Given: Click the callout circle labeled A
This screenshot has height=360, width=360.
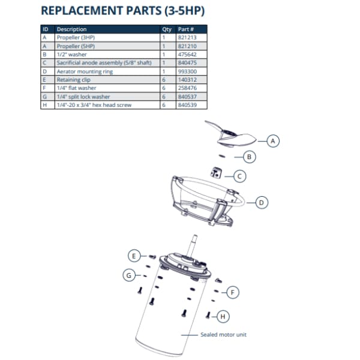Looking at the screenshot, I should (x=273, y=141).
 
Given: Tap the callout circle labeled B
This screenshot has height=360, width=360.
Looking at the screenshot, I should (x=251, y=157).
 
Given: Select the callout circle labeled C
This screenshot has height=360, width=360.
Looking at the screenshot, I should (x=239, y=176).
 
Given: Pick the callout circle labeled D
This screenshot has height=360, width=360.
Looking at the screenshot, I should (x=261, y=202).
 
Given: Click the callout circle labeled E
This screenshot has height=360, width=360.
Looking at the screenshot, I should (x=135, y=256).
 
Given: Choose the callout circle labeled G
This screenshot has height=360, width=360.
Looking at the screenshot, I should (x=128, y=275).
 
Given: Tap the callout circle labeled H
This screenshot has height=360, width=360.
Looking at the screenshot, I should (x=223, y=316).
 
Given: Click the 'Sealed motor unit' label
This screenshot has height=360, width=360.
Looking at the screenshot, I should (x=223, y=335).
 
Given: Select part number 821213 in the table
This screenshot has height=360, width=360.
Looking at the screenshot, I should (x=187, y=37).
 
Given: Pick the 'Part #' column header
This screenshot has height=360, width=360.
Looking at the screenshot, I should (x=186, y=29).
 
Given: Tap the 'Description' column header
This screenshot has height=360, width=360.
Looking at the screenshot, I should (x=71, y=29).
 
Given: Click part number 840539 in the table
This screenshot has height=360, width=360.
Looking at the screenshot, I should (x=187, y=104).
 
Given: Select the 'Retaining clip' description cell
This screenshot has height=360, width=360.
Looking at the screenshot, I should (x=73, y=79).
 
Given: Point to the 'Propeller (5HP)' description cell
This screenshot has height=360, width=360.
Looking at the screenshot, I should (x=76, y=46).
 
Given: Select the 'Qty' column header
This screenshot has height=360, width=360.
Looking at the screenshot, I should (x=167, y=29).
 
